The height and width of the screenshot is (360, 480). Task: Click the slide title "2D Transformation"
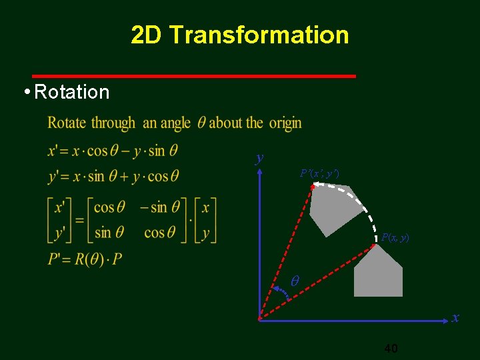(240, 35)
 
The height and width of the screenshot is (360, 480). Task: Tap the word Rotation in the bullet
(71, 92)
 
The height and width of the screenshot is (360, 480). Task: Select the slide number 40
(391, 348)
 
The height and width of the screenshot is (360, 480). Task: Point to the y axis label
(259, 158)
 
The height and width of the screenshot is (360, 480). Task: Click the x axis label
(455, 318)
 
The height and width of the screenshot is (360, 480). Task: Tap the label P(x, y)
(395, 237)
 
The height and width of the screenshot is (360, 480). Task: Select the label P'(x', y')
(319, 173)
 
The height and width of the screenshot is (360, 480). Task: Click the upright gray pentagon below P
(378, 275)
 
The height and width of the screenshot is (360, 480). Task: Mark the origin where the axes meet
(259, 319)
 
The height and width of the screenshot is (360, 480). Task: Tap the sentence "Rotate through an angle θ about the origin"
(175, 123)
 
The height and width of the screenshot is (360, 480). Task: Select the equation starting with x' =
(113, 151)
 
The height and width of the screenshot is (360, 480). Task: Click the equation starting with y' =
(113, 176)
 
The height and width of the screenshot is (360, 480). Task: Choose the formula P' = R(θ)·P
(85, 259)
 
